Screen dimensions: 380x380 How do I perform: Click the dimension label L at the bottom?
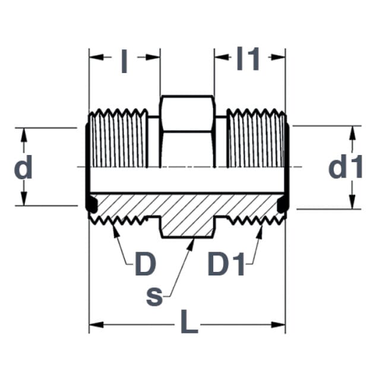(x=189, y=321)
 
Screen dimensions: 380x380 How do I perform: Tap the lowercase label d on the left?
(x=23, y=167)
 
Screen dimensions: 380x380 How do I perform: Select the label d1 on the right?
(x=346, y=166)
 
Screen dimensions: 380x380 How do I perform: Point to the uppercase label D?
(x=145, y=264)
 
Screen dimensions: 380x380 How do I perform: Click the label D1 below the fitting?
(x=226, y=264)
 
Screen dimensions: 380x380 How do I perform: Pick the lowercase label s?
(x=154, y=296)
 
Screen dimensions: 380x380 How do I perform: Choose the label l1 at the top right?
(x=248, y=59)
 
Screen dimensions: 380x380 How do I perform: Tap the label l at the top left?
(x=124, y=61)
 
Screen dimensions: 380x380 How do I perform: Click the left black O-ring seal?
(x=91, y=204)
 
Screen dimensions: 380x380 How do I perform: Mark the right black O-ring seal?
(x=283, y=204)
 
